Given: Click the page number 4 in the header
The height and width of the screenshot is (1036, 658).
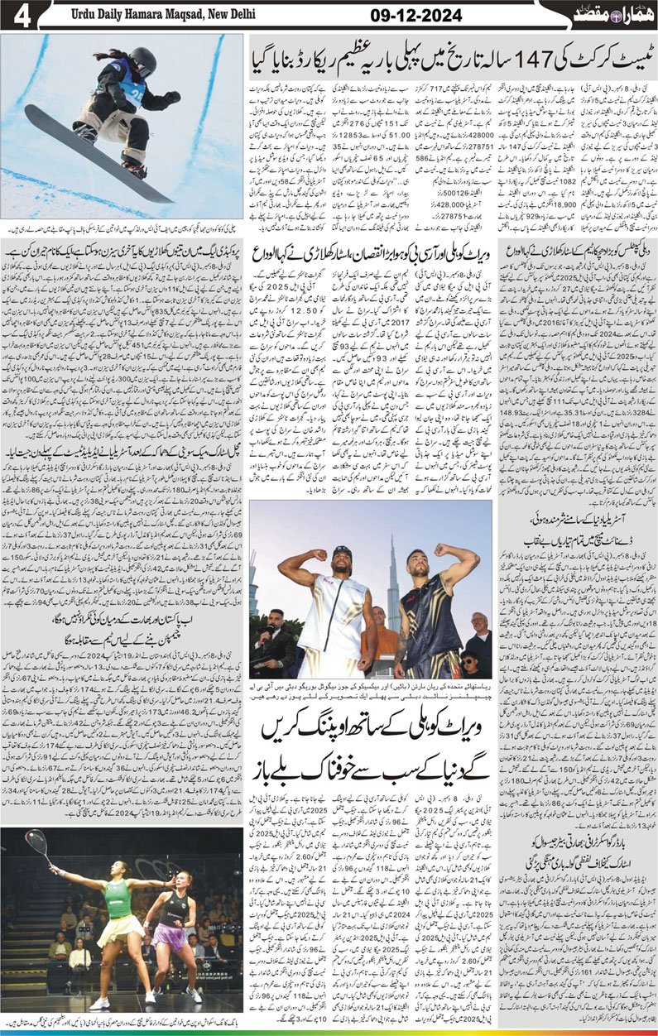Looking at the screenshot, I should pos(19,17).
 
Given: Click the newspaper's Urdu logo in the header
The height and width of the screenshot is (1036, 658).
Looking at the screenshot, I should pos(607,16).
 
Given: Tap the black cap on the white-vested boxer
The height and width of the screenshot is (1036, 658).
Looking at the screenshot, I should pos(343,550).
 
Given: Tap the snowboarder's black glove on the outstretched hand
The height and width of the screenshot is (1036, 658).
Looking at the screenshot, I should pos(171,97).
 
